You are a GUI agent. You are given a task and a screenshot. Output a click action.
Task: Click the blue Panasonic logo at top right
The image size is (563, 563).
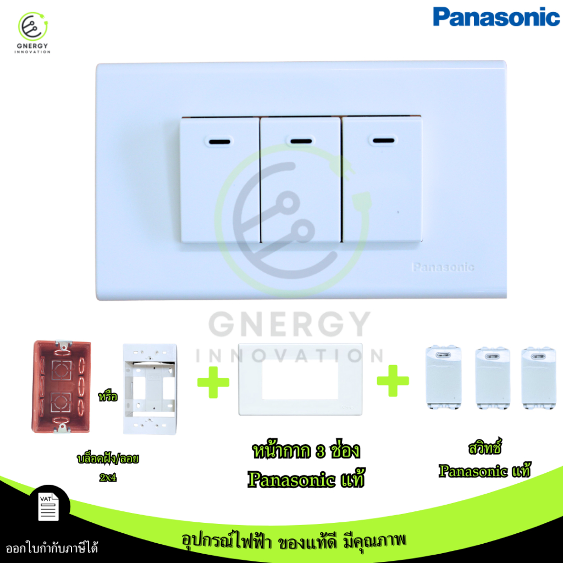[496, 17]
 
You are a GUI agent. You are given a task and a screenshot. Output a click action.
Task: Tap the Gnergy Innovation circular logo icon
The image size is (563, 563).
[32, 26]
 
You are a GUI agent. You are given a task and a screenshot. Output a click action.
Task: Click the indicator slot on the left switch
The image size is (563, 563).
[220, 141]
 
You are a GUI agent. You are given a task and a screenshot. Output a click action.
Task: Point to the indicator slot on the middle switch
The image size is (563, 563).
[301, 141]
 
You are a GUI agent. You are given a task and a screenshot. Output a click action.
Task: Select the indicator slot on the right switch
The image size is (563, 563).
[383, 140]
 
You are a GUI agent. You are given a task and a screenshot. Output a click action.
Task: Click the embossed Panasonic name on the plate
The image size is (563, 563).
[443, 267]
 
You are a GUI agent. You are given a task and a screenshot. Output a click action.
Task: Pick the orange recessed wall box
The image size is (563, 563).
[62, 387]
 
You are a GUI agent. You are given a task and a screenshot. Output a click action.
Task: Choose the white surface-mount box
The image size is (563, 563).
[150, 389]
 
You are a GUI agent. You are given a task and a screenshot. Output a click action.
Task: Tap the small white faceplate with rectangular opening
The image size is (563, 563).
[300, 379]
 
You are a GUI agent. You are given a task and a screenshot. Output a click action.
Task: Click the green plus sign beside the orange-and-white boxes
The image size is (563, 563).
[213, 382]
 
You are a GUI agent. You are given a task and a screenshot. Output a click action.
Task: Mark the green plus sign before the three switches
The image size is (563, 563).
[393, 381]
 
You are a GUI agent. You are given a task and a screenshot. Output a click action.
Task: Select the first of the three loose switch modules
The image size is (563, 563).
[444, 378]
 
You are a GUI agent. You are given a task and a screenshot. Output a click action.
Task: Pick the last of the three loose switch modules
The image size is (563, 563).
[539, 378]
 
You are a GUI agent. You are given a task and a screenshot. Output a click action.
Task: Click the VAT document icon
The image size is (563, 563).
[48, 506]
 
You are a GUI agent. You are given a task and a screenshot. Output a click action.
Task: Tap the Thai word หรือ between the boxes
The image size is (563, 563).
[108, 396]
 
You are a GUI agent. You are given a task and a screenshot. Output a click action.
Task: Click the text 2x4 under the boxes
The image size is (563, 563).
[108, 477]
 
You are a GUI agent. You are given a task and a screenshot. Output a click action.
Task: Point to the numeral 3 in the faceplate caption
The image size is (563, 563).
[321, 452]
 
